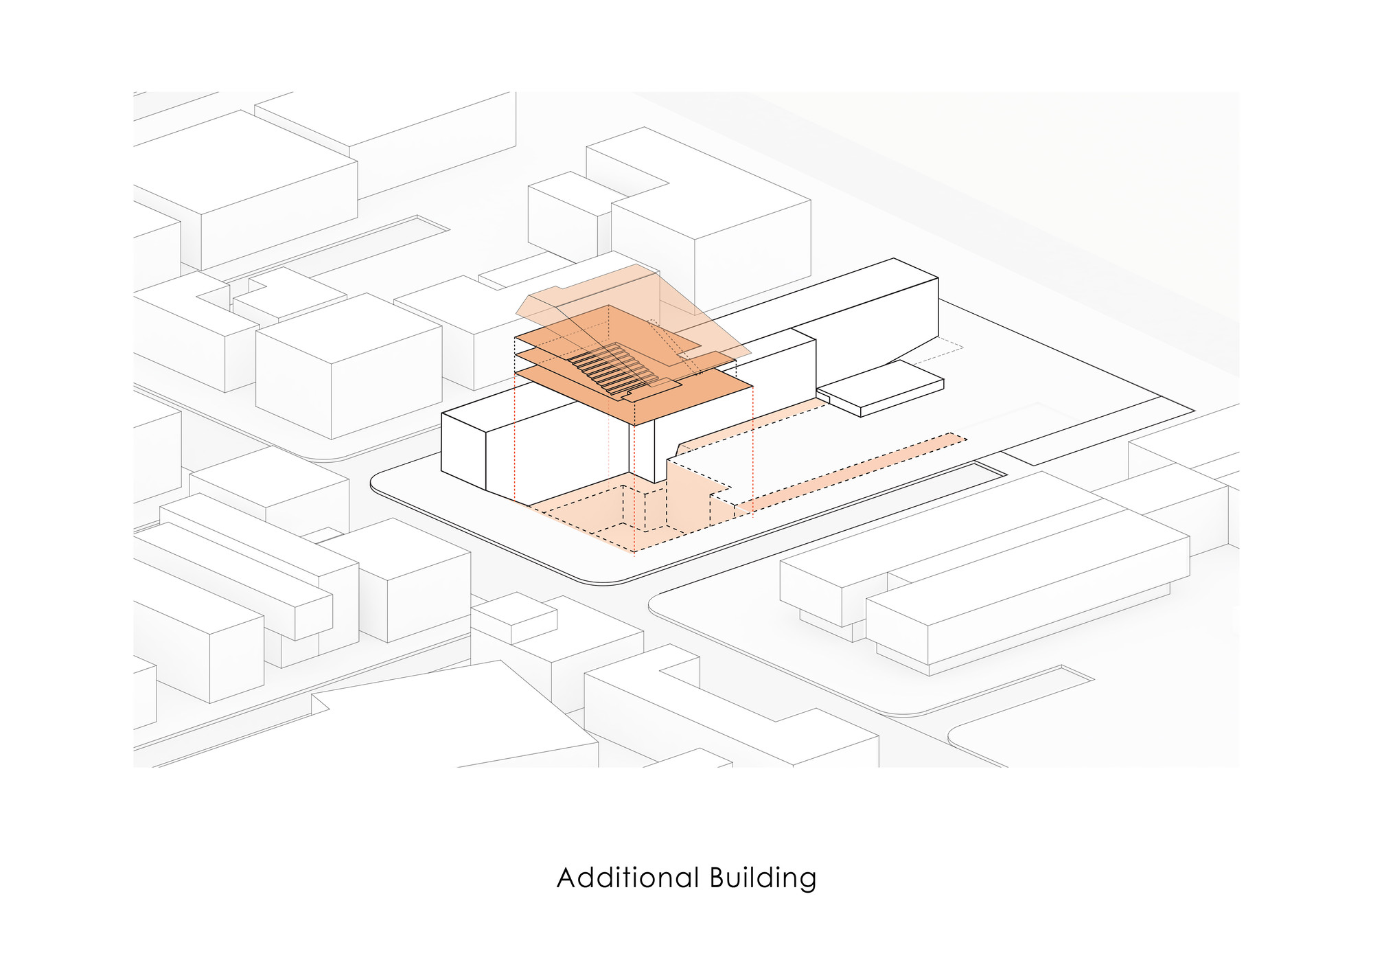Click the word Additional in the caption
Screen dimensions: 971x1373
pos(627,878)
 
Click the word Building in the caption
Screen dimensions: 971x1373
pos(763,879)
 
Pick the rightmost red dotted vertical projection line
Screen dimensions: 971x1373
pos(753,446)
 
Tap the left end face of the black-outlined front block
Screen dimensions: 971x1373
pos(463,446)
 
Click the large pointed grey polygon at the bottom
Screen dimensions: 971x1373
pos(453,721)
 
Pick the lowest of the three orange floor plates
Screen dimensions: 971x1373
pos(686,398)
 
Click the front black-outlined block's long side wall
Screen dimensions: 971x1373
pos(556,453)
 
